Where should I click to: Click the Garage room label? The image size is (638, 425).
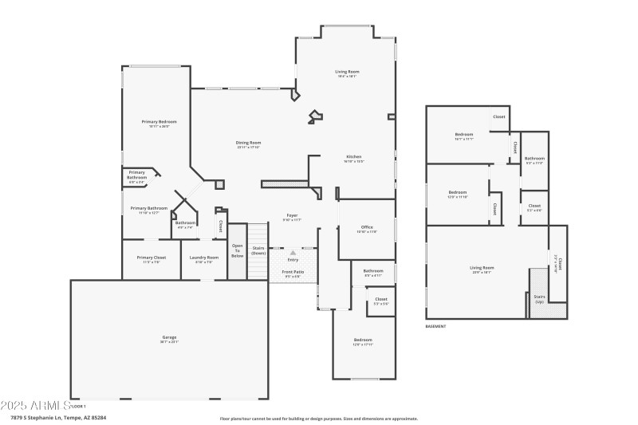[x=169, y=338]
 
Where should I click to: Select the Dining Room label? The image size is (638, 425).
[x=249, y=144]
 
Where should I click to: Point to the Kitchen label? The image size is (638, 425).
[x=353, y=157]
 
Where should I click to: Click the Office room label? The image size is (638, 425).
[x=367, y=229]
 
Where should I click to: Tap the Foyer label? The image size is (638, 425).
[x=293, y=217]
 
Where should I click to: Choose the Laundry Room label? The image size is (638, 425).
[x=203, y=258]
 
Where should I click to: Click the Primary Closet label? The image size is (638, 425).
[x=151, y=258]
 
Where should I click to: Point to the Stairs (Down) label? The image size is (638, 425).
[x=258, y=251]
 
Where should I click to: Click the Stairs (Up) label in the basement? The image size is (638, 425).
[x=539, y=299]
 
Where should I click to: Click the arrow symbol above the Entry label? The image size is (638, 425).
[x=293, y=253]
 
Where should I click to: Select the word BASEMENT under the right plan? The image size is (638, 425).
[x=435, y=326]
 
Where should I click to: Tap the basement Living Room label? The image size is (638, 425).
[x=481, y=269]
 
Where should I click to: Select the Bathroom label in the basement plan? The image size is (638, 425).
[x=534, y=159]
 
